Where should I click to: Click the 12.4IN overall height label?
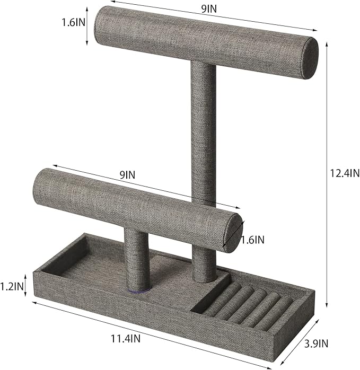[345, 173]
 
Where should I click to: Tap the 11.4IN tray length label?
[126, 339]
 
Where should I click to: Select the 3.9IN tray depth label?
[316, 343]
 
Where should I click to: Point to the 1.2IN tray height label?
[12, 286]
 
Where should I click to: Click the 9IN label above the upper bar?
[209, 9]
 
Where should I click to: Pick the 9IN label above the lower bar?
[127, 175]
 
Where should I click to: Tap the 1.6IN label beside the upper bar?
[73, 23]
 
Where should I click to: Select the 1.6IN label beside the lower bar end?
[252, 240]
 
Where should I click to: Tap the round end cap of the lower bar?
[233, 233]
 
